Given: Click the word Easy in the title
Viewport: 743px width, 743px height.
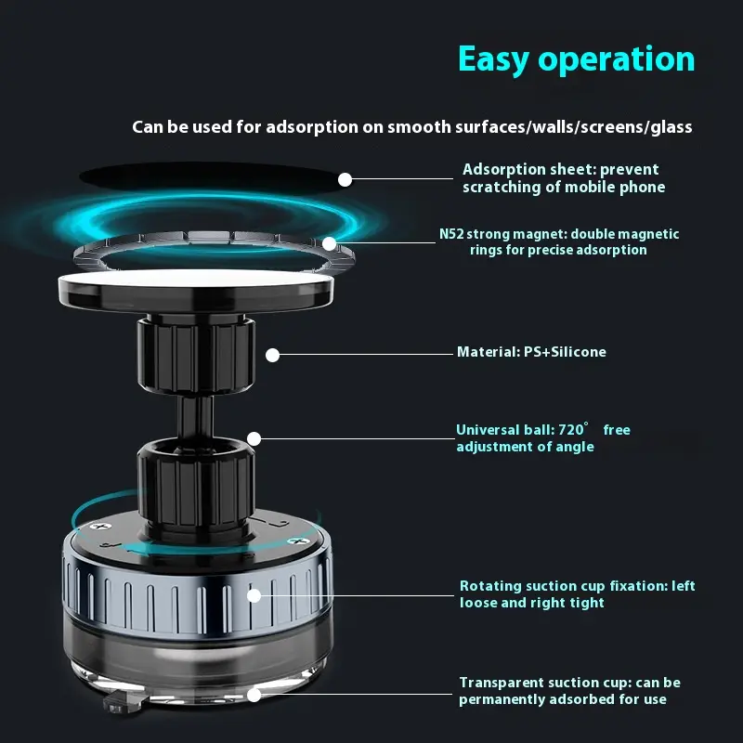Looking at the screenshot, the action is click(493, 59).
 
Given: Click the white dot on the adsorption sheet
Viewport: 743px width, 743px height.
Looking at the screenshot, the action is click(345, 179).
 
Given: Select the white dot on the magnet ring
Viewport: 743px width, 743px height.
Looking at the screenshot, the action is click(330, 243).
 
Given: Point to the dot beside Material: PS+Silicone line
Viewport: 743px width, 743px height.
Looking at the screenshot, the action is click(272, 355).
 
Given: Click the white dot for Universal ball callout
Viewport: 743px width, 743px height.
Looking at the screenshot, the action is click(254, 438).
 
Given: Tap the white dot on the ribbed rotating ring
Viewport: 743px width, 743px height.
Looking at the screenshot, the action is click(254, 595).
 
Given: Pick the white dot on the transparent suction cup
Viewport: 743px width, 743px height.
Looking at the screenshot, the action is click(254, 695).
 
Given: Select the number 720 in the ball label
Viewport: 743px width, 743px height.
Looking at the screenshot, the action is click(570, 430).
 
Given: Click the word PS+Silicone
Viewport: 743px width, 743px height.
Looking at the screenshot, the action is click(565, 352).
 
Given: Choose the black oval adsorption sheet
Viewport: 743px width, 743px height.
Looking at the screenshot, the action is click(211, 177).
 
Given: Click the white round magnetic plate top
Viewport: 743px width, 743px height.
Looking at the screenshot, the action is click(196, 278).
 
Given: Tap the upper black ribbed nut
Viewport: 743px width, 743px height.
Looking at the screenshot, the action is click(196, 356).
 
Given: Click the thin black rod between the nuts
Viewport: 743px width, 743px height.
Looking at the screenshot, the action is click(195, 417).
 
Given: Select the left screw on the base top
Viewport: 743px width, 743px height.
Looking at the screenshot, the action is click(100, 526).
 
